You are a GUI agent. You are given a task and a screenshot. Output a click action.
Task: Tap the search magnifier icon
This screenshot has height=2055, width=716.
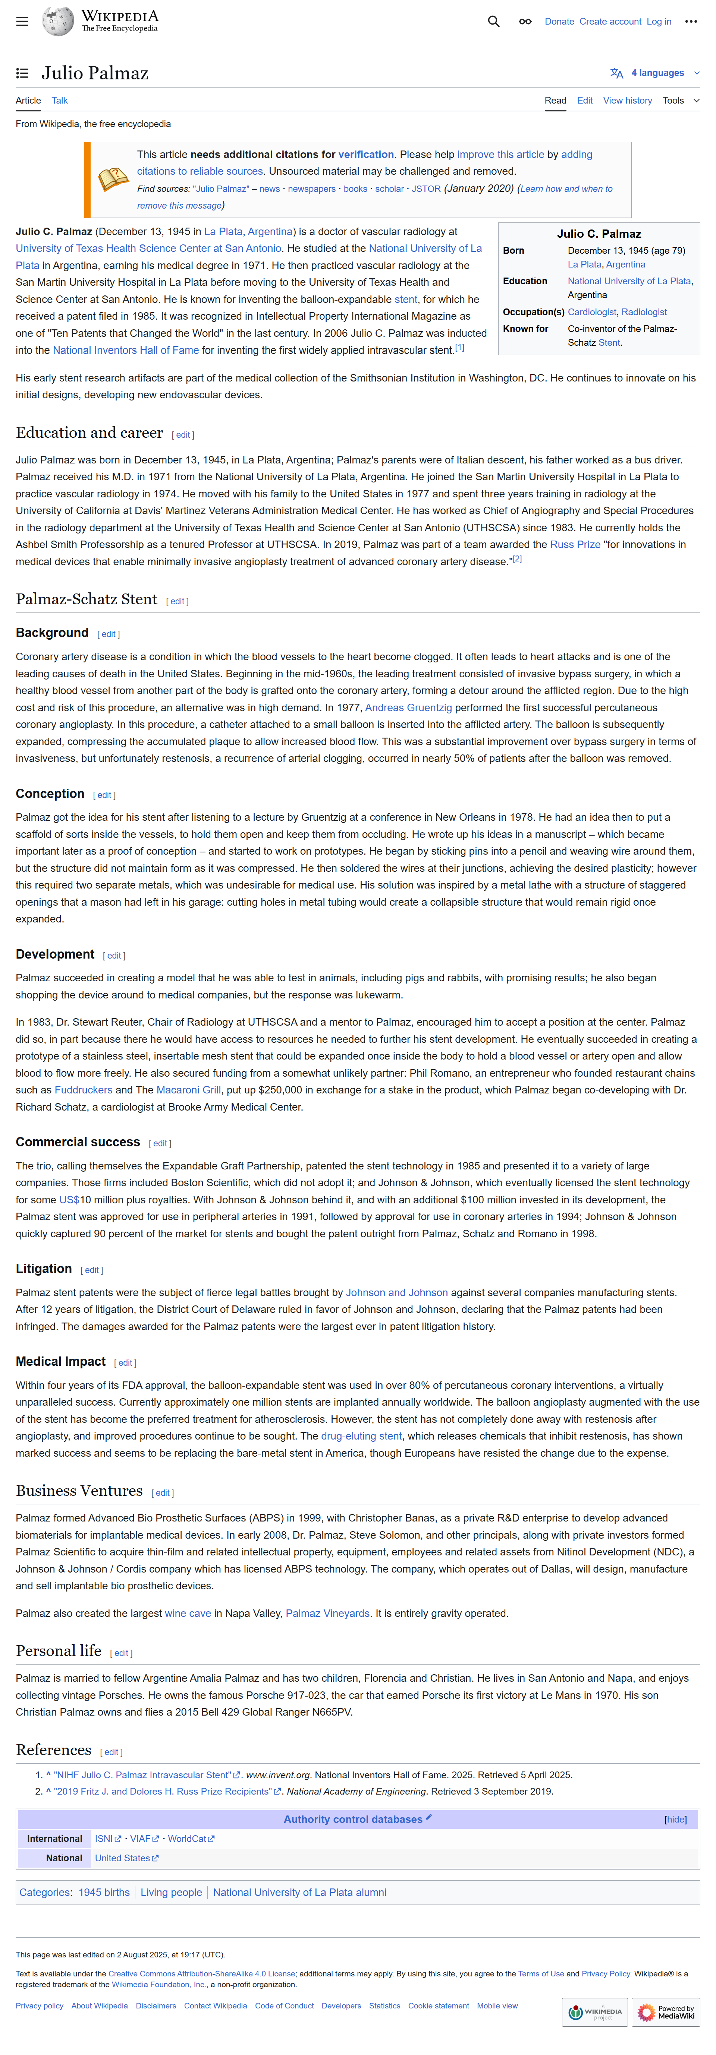click(x=493, y=22)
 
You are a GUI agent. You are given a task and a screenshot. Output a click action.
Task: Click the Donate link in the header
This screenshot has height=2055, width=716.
click(x=559, y=22)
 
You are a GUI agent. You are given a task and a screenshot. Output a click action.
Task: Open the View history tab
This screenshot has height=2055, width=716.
click(x=626, y=101)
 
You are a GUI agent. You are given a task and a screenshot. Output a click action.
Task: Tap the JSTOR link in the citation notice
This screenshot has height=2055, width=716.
click(x=425, y=189)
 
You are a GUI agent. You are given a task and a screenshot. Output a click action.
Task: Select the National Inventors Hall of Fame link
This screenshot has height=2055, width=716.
click(x=125, y=350)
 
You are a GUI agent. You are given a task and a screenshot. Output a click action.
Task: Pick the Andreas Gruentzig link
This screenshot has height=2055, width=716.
click(x=408, y=707)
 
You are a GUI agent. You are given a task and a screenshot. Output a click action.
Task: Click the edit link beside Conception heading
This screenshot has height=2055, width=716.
click(x=104, y=795)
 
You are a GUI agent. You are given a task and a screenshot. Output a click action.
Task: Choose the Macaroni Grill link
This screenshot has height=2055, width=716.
click(x=177, y=1090)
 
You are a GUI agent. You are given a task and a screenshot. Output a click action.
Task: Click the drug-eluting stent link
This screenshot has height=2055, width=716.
click(x=361, y=1436)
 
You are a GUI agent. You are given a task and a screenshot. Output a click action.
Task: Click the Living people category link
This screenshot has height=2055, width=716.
click(x=171, y=1892)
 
